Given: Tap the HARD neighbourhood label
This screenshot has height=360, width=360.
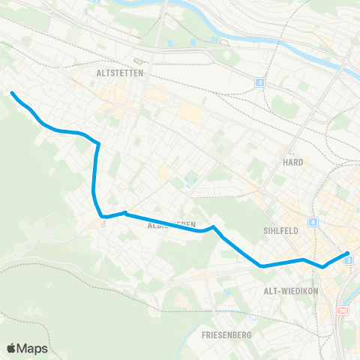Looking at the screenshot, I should [292, 161].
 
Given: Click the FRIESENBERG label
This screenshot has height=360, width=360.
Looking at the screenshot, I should [226, 334].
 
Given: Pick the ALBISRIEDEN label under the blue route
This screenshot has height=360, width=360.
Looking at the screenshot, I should [172, 224].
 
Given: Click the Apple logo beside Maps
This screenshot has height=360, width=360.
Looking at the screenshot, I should [12, 349].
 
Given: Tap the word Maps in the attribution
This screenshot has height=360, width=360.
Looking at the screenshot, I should [34, 349].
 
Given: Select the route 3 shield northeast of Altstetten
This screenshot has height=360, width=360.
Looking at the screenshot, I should [259, 82].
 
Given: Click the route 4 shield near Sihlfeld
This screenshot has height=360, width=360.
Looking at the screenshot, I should [312, 223].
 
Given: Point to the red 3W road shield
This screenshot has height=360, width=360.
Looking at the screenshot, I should [343, 310].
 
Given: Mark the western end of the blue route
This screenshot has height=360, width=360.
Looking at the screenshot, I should [12, 93].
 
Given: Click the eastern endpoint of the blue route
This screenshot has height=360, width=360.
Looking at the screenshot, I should [349, 253].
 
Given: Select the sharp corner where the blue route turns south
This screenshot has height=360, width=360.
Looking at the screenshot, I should [98, 142].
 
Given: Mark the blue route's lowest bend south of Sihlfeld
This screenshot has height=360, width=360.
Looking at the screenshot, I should [261, 265].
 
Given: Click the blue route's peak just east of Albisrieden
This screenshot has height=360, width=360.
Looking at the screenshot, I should [214, 226].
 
